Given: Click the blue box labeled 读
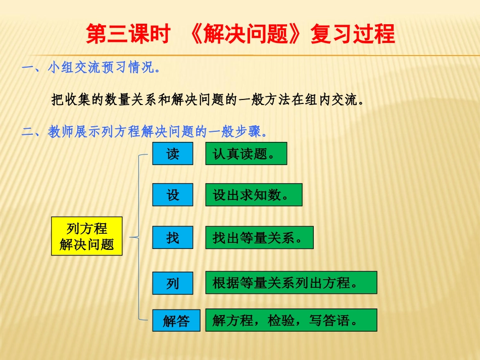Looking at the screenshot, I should (173, 153).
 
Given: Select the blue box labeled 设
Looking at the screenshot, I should (173, 194).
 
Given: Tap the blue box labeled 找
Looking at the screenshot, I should (173, 237).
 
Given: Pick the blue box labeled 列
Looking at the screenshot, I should (173, 283).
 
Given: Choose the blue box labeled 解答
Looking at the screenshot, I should (176, 320).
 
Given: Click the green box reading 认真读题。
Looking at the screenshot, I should (246, 153).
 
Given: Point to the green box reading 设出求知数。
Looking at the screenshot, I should (253, 194).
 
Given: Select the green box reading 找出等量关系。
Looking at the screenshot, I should (259, 237).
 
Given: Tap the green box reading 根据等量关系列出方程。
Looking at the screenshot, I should (291, 282).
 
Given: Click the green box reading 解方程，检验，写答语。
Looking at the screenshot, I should (291, 320).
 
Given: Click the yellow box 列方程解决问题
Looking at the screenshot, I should (87, 236).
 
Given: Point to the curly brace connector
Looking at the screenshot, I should (137, 236).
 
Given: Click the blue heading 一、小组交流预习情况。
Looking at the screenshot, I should (91, 68).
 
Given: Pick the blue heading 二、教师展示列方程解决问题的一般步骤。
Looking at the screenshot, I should (144, 132).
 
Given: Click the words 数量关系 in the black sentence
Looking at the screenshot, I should (132, 99).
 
